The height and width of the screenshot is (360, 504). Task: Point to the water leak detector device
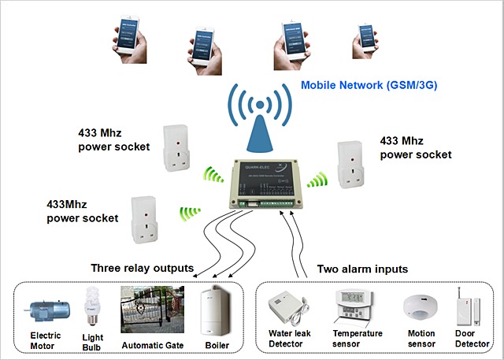[287, 311]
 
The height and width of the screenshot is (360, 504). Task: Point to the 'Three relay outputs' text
[142, 268]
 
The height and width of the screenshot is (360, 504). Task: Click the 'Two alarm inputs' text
[361, 269]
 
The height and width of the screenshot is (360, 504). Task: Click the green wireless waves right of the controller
[317, 180]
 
